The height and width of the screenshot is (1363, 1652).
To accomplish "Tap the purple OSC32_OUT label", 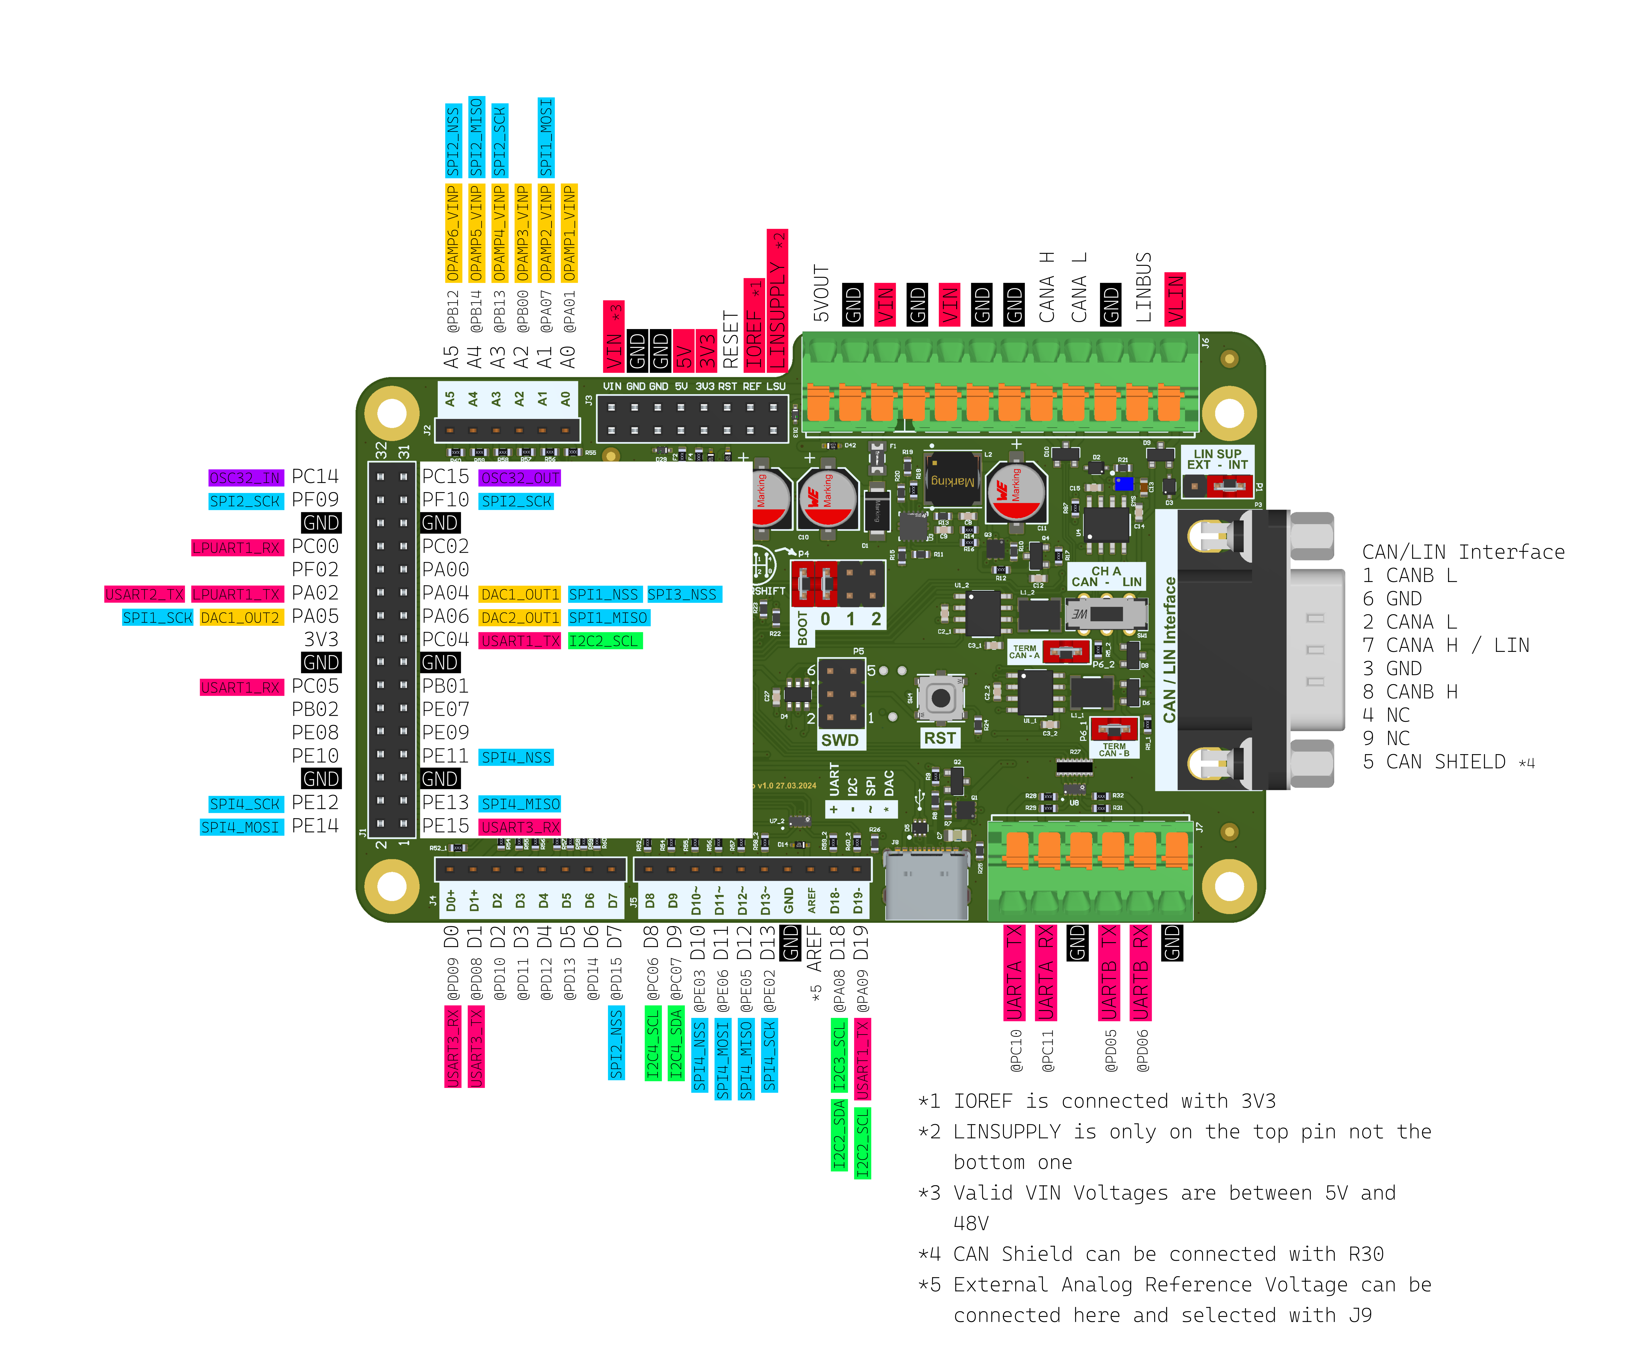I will (519, 477).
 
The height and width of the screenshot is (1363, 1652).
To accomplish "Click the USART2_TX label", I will (144, 594).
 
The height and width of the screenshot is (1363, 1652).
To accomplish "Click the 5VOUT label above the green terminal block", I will (821, 293).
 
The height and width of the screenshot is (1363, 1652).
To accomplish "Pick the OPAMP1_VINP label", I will (569, 232).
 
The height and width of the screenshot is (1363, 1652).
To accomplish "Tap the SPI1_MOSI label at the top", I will (545, 137).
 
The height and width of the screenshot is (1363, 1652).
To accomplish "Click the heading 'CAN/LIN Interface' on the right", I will (1463, 552).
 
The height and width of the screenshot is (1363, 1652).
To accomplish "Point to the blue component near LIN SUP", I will (1123, 483).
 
